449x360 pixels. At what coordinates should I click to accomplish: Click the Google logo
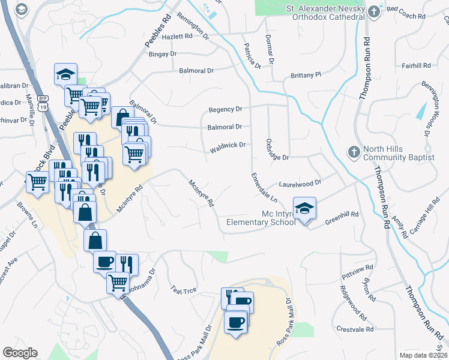tap(20, 353)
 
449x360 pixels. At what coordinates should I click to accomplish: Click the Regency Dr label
tap(225, 109)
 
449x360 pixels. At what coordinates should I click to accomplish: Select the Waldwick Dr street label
tap(228, 145)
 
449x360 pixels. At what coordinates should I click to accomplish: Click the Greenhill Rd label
tap(342, 218)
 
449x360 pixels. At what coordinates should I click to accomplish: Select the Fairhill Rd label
tap(417, 65)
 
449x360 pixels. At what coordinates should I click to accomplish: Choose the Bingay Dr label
tap(163, 53)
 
